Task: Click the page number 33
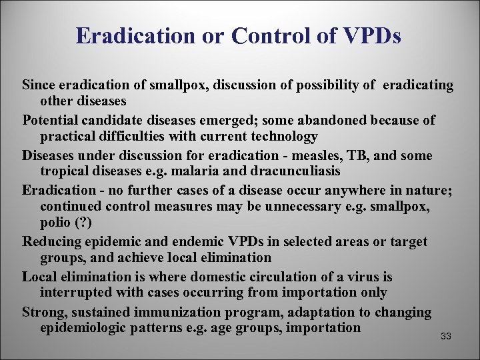coord(446,337)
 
